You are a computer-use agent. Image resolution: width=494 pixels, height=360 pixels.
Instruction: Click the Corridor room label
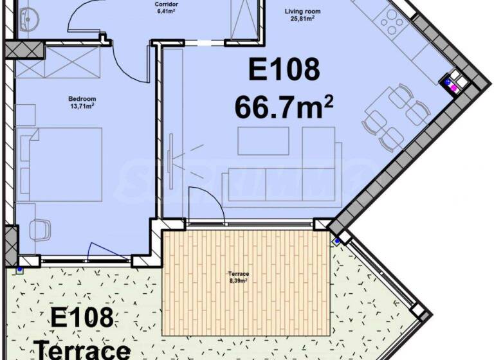[x=166, y=4]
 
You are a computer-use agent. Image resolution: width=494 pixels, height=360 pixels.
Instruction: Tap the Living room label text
[x=303, y=11]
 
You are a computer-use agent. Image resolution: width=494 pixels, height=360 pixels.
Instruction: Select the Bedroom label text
[x=82, y=98]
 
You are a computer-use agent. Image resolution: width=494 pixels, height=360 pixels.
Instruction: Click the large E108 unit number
[x=284, y=70]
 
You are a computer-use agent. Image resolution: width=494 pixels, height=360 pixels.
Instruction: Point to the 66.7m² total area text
[x=284, y=107]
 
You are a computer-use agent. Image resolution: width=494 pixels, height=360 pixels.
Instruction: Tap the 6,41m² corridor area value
[x=166, y=11]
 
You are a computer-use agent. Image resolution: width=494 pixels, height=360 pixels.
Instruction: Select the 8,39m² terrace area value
[x=239, y=280]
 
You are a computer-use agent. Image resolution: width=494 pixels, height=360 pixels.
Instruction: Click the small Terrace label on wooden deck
[x=239, y=273]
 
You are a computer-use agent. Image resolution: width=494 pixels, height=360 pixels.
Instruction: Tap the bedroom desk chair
[x=40, y=230]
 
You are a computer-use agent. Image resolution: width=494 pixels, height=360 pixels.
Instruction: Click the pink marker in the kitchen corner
[x=453, y=86]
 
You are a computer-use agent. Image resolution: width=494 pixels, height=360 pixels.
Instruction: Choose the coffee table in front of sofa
[x=262, y=141]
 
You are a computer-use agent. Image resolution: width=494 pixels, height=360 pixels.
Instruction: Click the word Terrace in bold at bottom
[x=82, y=351]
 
